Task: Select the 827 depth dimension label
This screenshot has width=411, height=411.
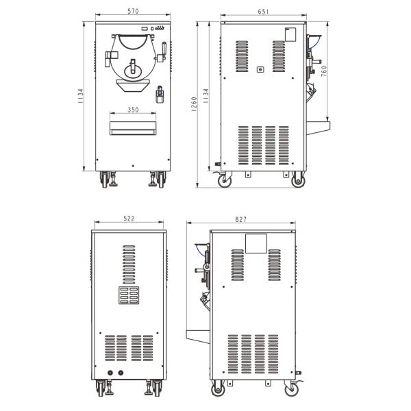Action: [240, 219]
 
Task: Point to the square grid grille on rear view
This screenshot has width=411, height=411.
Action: [129, 295]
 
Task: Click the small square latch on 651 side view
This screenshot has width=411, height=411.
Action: [260, 69]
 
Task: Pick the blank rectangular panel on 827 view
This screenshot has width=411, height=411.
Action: [256, 242]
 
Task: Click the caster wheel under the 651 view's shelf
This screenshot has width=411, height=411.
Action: [298, 182]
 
